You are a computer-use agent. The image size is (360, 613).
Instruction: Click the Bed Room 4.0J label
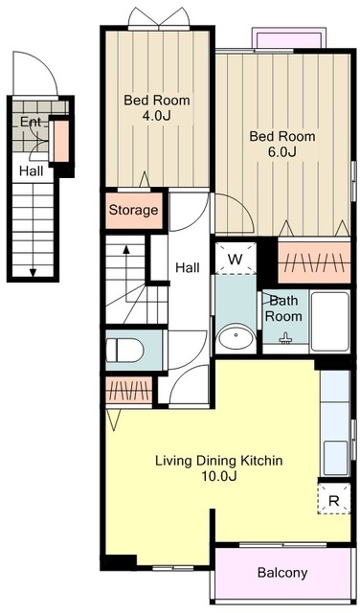click(x=157, y=107)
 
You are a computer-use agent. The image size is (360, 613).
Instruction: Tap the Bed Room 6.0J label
click(x=282, y=144)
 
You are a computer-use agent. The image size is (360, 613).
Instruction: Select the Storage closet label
click(x=133, y=210)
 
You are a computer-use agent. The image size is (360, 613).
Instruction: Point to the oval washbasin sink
click(x=236, y=335)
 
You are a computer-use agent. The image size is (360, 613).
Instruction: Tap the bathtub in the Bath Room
click(x=330, y=322)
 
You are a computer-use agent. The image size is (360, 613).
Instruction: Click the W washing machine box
click(x=236, y=258)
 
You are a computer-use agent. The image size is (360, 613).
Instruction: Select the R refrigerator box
click(x=334, y=498)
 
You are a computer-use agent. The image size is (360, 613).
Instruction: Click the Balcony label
click(x=282, y=573)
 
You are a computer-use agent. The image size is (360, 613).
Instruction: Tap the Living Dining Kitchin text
click(x=219, y=460)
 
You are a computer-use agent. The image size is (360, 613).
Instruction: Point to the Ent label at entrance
click(x=31, y=122)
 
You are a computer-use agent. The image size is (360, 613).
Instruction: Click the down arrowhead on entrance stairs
click(x=33, y=273)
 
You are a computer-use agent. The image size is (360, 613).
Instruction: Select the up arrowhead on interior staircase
click(x=125, y=249)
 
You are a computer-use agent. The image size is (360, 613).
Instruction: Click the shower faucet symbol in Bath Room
click(x=286, y=338)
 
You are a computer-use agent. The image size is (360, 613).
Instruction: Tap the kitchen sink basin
click(x=335, y=458)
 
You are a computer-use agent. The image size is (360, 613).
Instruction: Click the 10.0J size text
click(x=219, y=476)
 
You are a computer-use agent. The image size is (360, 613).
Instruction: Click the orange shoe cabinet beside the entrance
click(x=61, y=141)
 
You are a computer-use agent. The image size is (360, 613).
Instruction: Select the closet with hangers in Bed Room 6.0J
click(x=314, y=261)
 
